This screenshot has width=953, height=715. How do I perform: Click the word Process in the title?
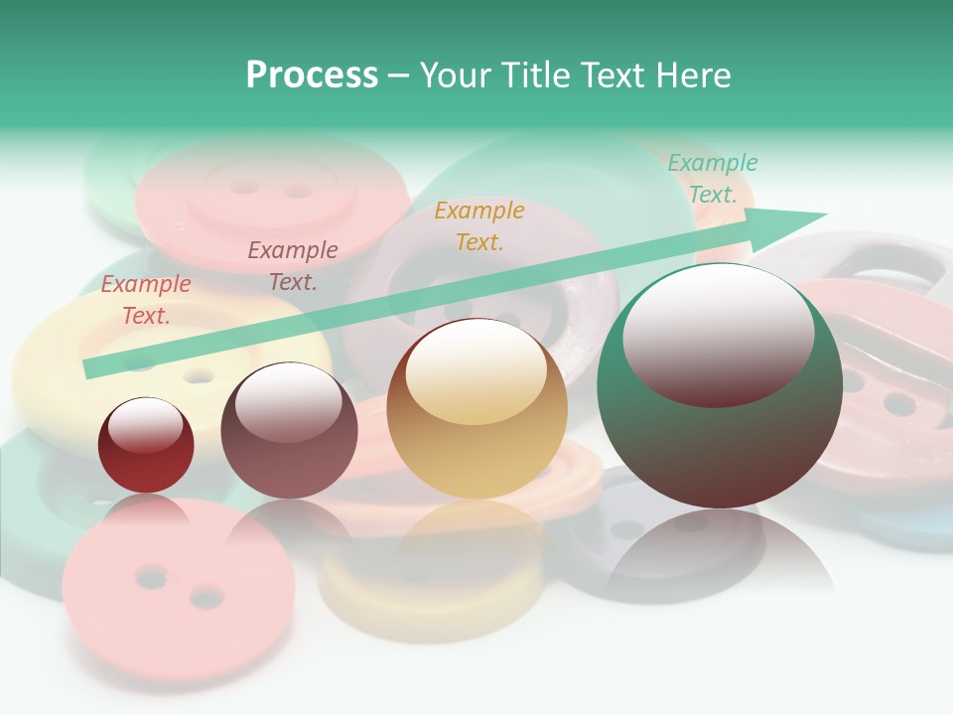pos(312,75)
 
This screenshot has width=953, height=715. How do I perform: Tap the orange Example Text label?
pos(479,226)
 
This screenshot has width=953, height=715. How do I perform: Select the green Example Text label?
pos(712,179)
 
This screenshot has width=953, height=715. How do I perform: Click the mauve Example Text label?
pos(293,266)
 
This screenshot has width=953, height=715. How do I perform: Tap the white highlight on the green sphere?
pos(718,323)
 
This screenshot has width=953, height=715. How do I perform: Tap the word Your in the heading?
pos(458,75)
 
